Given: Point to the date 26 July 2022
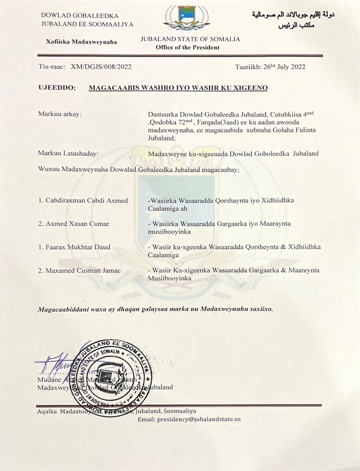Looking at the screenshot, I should (270, 67).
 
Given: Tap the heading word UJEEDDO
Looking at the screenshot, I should (57, 87).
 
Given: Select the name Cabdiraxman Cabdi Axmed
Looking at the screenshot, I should (83, 201).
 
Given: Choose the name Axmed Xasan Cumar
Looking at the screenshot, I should (74, 224).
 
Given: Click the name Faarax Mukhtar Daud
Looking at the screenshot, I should (74, 247).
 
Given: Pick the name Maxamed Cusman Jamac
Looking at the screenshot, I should (80, 270).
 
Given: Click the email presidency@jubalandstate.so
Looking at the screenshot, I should (189, 419).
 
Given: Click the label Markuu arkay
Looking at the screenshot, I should (60, 114).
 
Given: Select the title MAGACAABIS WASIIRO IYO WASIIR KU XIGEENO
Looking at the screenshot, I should (178, 87).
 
